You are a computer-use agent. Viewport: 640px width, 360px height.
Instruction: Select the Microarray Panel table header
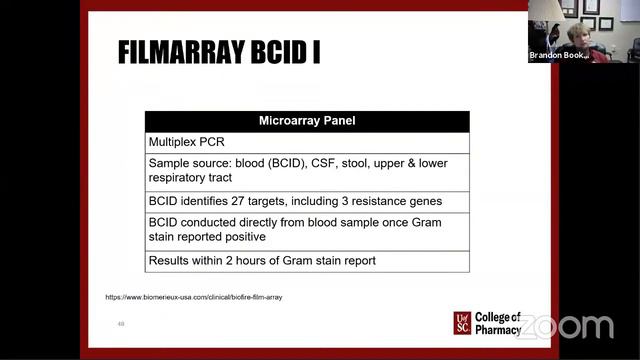click(x=307, y=121)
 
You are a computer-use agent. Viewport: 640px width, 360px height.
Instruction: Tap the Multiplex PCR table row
click(x=190, y=142)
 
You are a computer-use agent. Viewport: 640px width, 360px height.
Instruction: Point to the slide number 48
click(x=121, y=324)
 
